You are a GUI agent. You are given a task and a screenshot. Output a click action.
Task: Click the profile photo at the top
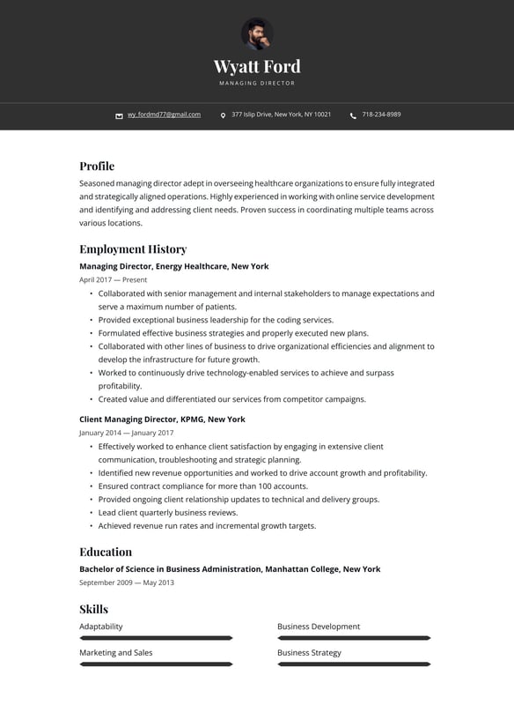point(257,34)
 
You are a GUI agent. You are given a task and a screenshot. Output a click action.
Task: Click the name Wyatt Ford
point(257,66)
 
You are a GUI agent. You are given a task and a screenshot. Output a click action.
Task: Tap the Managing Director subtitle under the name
point(257,84)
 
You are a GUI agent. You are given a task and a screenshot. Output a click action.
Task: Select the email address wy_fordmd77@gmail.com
point(164,115)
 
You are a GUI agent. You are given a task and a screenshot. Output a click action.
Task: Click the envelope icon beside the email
point(119,115)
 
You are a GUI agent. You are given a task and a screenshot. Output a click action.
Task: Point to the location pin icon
point(223,115)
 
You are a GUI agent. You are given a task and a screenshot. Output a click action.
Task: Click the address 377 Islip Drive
point(281,115)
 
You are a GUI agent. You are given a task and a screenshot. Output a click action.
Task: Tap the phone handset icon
point(353,115)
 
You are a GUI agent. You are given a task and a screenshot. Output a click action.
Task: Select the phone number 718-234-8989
point(381,115)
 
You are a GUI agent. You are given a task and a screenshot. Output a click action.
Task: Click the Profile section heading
point(97,166)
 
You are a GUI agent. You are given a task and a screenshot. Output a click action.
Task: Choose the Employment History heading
point(133,249)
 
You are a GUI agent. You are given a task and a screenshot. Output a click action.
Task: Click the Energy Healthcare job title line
point(174,266)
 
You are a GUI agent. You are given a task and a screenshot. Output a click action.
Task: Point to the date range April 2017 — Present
point(114,279)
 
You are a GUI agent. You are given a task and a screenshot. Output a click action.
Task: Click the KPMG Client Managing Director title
point(162,419)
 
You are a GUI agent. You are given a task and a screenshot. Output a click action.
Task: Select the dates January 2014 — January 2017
point(126,433)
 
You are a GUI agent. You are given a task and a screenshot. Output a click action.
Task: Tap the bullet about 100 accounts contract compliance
point(203,486)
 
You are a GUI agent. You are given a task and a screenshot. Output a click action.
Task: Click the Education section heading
point(106,552)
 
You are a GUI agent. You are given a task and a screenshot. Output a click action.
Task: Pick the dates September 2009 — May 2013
point(127,582)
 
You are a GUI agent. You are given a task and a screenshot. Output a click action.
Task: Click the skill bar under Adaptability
point(156,637)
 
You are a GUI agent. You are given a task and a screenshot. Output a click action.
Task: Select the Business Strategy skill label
point(309,653)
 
